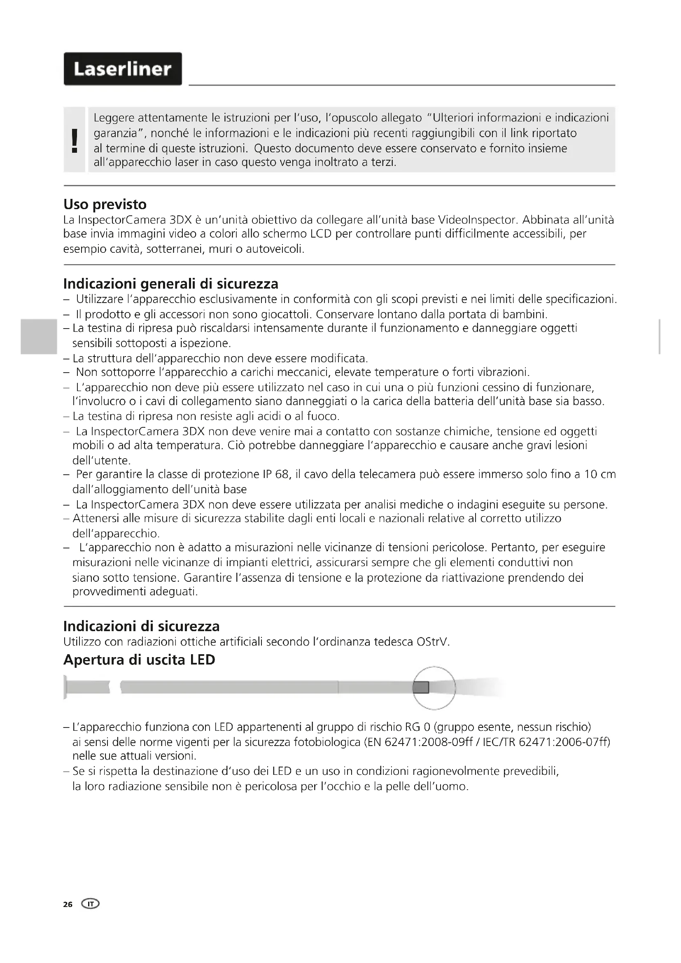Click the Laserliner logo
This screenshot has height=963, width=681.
[122, 69]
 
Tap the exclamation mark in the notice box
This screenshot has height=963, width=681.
[75, 140]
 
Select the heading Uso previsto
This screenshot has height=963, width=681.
[105, 205]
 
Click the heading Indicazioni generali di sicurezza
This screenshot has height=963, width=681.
[171, 284]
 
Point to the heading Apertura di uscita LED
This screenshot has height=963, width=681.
[139, 660]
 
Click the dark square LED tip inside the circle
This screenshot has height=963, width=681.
[421, 688]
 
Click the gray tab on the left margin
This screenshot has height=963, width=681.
[39, 336]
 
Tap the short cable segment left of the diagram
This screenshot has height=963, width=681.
[88, 687]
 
